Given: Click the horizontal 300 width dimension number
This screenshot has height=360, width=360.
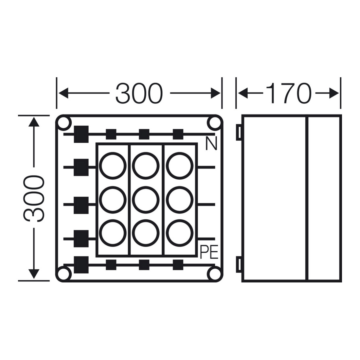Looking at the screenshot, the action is pos(139,93).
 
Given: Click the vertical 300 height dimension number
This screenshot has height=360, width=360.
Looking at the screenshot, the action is pos(33,199).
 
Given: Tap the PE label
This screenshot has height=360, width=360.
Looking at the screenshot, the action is pos(209,252).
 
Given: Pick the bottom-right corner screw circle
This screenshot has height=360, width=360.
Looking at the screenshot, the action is pos(214,274).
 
